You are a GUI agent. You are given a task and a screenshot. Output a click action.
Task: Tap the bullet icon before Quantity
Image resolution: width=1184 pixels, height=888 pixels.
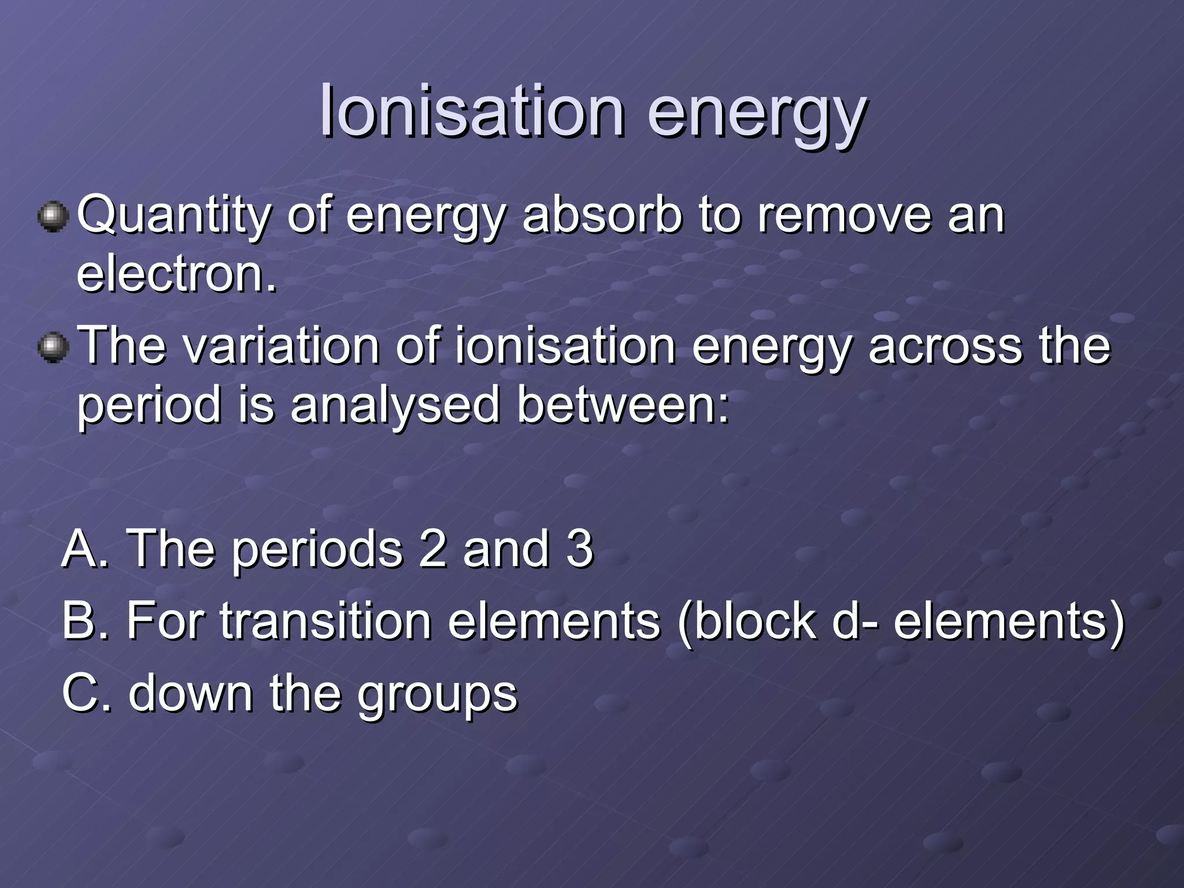tap(53, 217)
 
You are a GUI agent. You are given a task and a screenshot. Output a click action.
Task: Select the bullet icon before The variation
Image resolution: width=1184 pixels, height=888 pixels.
tap(53, 347)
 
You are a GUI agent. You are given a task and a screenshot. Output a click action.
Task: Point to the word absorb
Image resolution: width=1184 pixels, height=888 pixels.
tap(602, 215)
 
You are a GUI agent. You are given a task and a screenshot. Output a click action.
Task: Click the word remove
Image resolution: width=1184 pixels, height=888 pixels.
tap(844, 215)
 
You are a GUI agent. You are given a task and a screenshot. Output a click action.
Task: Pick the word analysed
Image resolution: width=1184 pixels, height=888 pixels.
tap(394, 406)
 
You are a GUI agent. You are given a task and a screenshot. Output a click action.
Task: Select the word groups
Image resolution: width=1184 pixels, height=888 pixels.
tap(436, 694)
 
